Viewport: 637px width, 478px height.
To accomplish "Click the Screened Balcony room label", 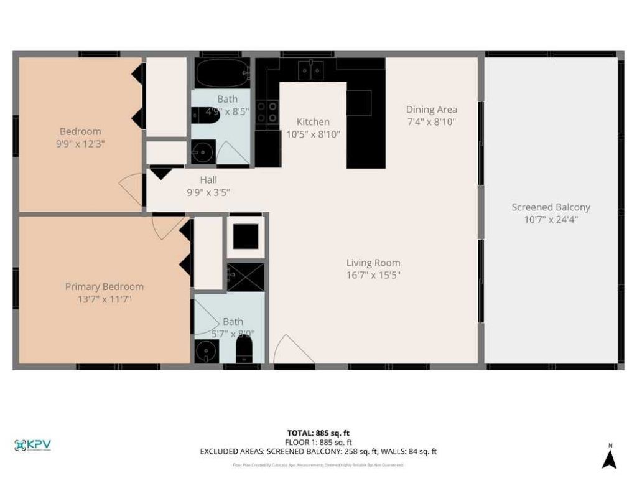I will [x=551, y=207].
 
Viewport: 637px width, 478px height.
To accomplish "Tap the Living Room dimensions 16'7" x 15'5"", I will [x=373, y=275].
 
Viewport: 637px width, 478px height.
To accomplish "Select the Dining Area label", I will [x=432, y=110].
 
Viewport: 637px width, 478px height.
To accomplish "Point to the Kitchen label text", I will [x=313, y=121].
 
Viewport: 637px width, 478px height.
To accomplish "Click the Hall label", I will [x=208, y=180].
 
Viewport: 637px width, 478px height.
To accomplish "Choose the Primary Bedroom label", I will [x=105, y=287].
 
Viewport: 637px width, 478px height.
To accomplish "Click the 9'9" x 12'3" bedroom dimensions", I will [x=80, y=143].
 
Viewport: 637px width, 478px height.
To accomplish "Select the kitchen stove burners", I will [x=267, y=112].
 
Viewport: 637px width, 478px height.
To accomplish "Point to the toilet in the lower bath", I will [x=244, y=349].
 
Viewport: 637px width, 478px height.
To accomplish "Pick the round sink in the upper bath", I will [x=202, y=151].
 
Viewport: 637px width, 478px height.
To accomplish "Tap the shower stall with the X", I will [x=245, y=277].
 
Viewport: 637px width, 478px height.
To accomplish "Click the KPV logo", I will [x=32, y=445].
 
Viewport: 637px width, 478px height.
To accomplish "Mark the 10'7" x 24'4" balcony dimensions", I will [x=551, y=219].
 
